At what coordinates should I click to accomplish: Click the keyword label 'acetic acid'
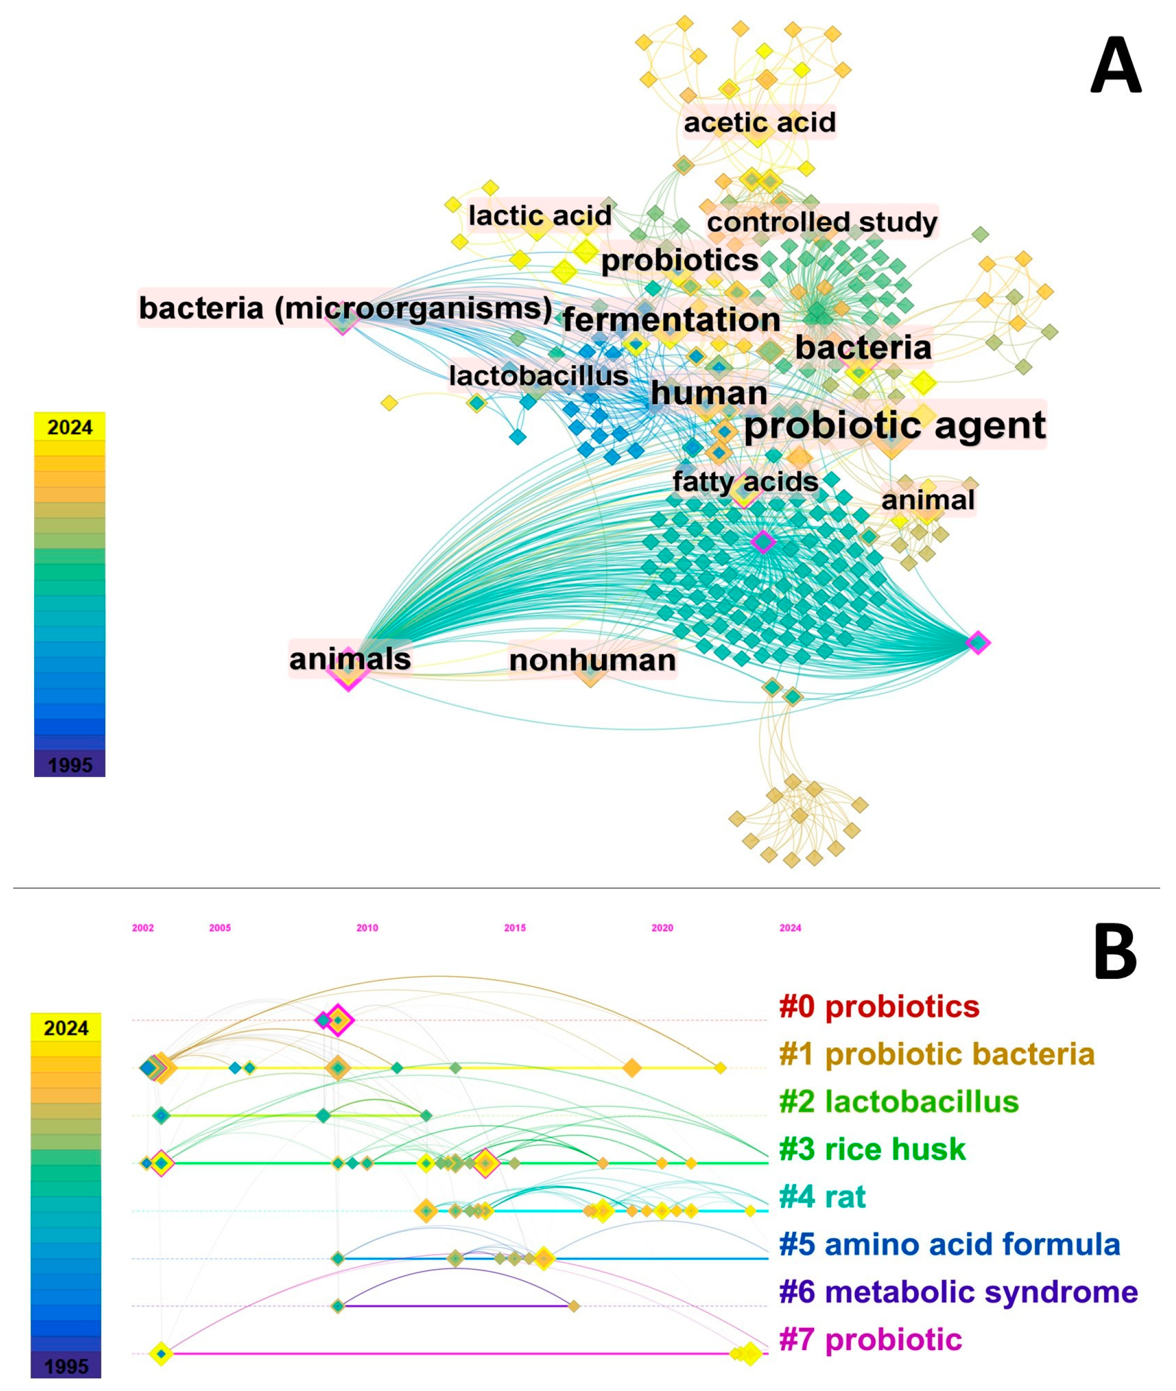(759, 123)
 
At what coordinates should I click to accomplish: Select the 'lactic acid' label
(540, 216)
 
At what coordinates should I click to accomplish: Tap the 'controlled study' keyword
(822, 222)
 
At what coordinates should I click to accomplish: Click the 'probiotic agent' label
(894, 425)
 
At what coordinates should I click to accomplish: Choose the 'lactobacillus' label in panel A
(539, 376)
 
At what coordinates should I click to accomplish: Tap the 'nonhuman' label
(592, 661)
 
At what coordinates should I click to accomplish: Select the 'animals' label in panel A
(350, 659)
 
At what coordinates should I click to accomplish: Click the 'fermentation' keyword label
(671, 320)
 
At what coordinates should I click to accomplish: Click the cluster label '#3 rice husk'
(872, 1149)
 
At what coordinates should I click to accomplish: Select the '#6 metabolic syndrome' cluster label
(958, 1292)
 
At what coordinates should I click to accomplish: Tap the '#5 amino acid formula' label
(949, 1244)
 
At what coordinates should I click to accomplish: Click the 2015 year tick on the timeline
(515, 928)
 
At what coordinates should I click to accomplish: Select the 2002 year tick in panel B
(143, 928)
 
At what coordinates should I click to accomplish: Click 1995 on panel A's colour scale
(70, 765)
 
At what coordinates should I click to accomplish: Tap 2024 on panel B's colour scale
(66, 1029)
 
